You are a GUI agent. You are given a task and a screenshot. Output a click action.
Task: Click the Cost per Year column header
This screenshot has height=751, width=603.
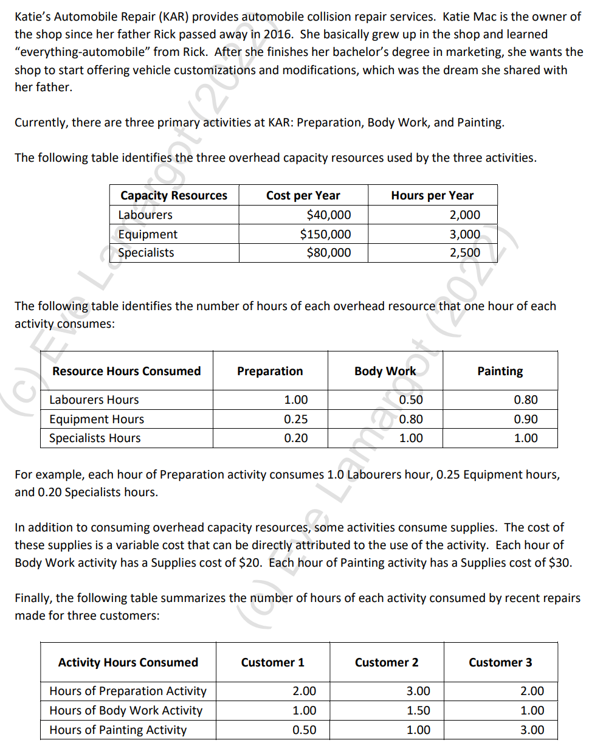[303, 195]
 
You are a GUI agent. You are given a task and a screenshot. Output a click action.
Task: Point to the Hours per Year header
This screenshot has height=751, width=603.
[432, 195]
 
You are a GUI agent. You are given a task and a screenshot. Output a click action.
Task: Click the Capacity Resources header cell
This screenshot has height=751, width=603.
[173, 195]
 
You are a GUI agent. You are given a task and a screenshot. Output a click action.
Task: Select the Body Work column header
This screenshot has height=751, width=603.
[385, 371]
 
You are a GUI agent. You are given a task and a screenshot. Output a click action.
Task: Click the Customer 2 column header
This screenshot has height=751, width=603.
[387, 662]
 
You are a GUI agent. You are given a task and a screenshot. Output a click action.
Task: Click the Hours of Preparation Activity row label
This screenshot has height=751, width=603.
[128, 691]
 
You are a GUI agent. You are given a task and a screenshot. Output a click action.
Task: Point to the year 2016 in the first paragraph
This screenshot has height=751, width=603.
[279, 35]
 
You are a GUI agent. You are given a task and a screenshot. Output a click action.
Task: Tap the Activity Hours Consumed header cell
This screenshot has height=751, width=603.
[128, 662]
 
